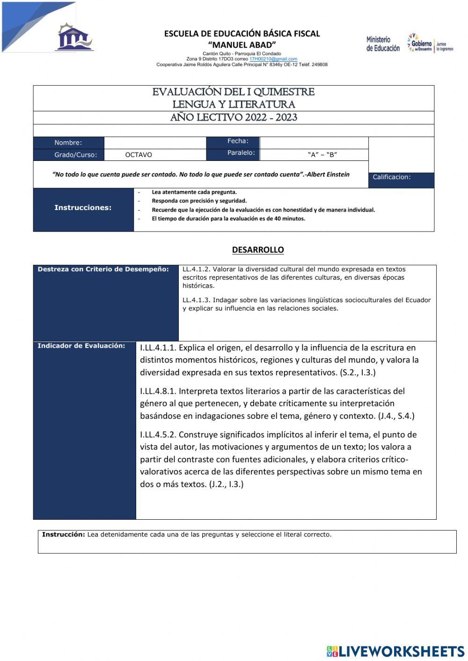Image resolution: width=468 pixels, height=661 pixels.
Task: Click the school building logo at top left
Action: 74,37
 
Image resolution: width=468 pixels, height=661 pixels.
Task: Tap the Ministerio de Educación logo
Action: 383,44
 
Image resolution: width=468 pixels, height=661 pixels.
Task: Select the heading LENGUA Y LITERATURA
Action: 234,104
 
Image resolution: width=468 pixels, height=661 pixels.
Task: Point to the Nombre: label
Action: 68,143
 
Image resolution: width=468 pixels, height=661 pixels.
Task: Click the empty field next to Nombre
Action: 155,143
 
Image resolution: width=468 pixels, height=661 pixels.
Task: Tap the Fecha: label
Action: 238,141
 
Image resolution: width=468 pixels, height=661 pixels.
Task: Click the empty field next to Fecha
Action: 314,143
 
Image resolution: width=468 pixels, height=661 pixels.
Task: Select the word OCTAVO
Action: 139,155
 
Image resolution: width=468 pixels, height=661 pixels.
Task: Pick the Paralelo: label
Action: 241,153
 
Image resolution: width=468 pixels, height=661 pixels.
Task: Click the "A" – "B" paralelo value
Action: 322,155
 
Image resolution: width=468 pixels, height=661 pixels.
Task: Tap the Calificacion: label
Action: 392,177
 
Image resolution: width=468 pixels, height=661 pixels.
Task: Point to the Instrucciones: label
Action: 83,208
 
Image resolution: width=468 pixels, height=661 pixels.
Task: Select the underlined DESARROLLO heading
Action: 258,250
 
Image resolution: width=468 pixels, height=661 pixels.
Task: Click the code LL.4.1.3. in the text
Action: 197,300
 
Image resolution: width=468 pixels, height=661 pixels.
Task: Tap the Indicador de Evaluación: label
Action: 81,346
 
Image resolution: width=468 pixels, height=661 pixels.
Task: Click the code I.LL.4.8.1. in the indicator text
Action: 158,391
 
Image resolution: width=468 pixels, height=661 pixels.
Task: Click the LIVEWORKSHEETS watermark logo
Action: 395,651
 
